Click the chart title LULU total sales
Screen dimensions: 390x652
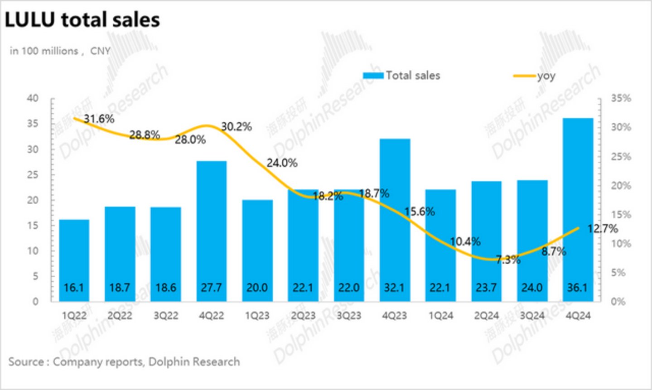point(82,20)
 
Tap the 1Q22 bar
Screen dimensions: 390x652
point(74,260)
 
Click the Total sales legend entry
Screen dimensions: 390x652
point(402,76)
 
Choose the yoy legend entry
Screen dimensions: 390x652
point(535,76)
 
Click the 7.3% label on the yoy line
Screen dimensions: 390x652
point(507,260)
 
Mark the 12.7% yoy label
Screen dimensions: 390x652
point(602,229)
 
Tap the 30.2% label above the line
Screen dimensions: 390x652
point(236,127)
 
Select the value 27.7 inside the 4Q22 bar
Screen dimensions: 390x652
point(211,288)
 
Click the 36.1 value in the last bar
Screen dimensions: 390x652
point(577,288)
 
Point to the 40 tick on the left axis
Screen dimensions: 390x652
point(33,98)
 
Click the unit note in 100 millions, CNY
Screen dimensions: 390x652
point(60,51)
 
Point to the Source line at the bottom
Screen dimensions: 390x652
point(124,361)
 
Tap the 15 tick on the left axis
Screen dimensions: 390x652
point(33,226)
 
